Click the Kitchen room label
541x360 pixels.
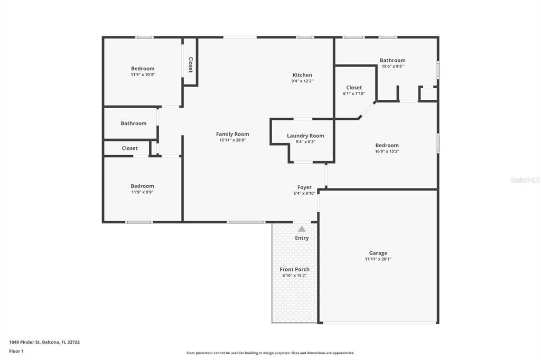(x=302, y=75)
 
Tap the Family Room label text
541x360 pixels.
(x=232, y=134)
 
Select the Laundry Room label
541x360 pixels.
(x=305, y=136)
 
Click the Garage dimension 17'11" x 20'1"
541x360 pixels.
(x=378, y=259)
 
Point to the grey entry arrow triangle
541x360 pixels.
(x=302, y=229)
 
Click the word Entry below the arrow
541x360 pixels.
(x=302, y=238)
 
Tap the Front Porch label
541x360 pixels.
(x=295, y=269)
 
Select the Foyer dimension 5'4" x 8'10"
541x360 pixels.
(x=304, y=193)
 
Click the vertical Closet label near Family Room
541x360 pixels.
(x=191, y=64)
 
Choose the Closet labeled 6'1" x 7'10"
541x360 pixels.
(x=354, y=93)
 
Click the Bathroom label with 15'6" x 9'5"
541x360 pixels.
(x=393, y=60)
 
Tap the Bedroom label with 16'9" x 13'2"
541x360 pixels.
(x=387, y=145)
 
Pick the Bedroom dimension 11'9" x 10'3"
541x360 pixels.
(x=143, y=74)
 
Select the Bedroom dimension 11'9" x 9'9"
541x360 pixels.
(x=142, y=192)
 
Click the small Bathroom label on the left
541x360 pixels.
(x=134, y=124)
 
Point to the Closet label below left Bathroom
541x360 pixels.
(x=129, y=148)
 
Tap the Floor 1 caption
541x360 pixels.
(x=16, y=351)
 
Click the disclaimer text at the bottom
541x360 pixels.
(x=270, y=353)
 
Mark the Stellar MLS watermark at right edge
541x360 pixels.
(x=525, y=180)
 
